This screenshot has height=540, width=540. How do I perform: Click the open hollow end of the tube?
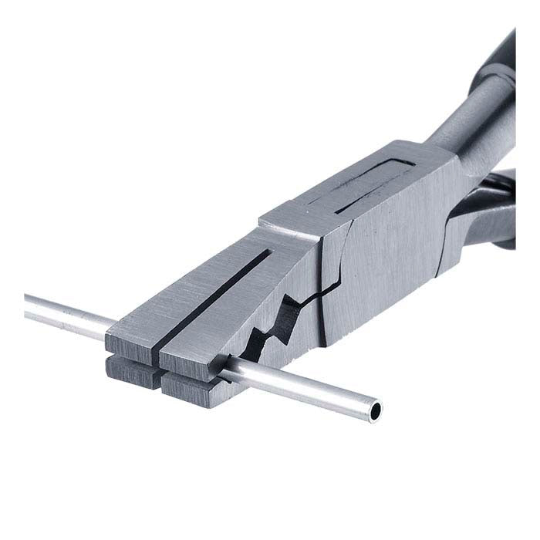376,412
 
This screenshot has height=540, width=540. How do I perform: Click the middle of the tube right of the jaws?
309,393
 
